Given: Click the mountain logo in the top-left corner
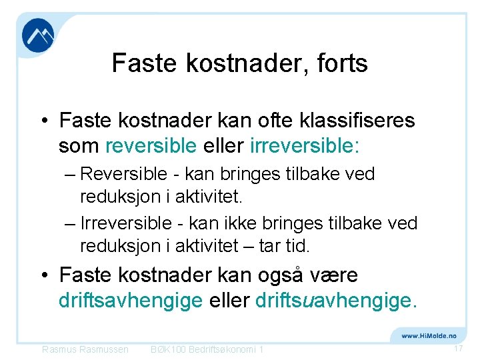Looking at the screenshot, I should (38, 36).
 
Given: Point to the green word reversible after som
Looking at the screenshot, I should (151, 145).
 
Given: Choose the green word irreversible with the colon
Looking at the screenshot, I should (304, 145).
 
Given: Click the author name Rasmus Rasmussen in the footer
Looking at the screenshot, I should (85, 349).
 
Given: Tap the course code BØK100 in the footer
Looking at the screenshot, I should (169, 349).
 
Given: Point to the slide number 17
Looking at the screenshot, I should (458, 349).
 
